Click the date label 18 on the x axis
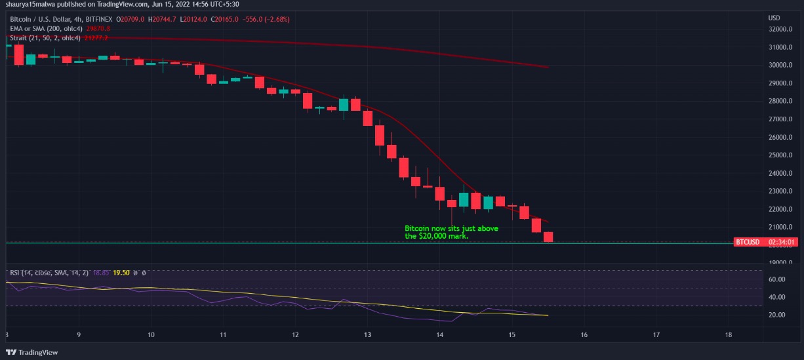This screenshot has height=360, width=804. coord(729,334)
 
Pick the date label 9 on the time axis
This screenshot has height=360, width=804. coord(79,334)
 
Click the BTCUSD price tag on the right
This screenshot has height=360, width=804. coord(748,242)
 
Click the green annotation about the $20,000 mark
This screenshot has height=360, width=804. coord(451,232)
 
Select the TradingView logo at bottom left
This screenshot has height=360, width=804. coord(33,352)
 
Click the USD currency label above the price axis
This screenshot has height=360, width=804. coord(774,17)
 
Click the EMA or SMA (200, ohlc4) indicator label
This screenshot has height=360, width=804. coord(45,29)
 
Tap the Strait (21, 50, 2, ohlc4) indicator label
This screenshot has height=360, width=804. coord(45,38)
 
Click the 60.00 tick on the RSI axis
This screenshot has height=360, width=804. coord(776,279)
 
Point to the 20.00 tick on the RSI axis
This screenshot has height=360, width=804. coord(776,315)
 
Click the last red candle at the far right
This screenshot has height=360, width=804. coord(548,237)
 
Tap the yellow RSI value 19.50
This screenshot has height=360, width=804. coord(121,273)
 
